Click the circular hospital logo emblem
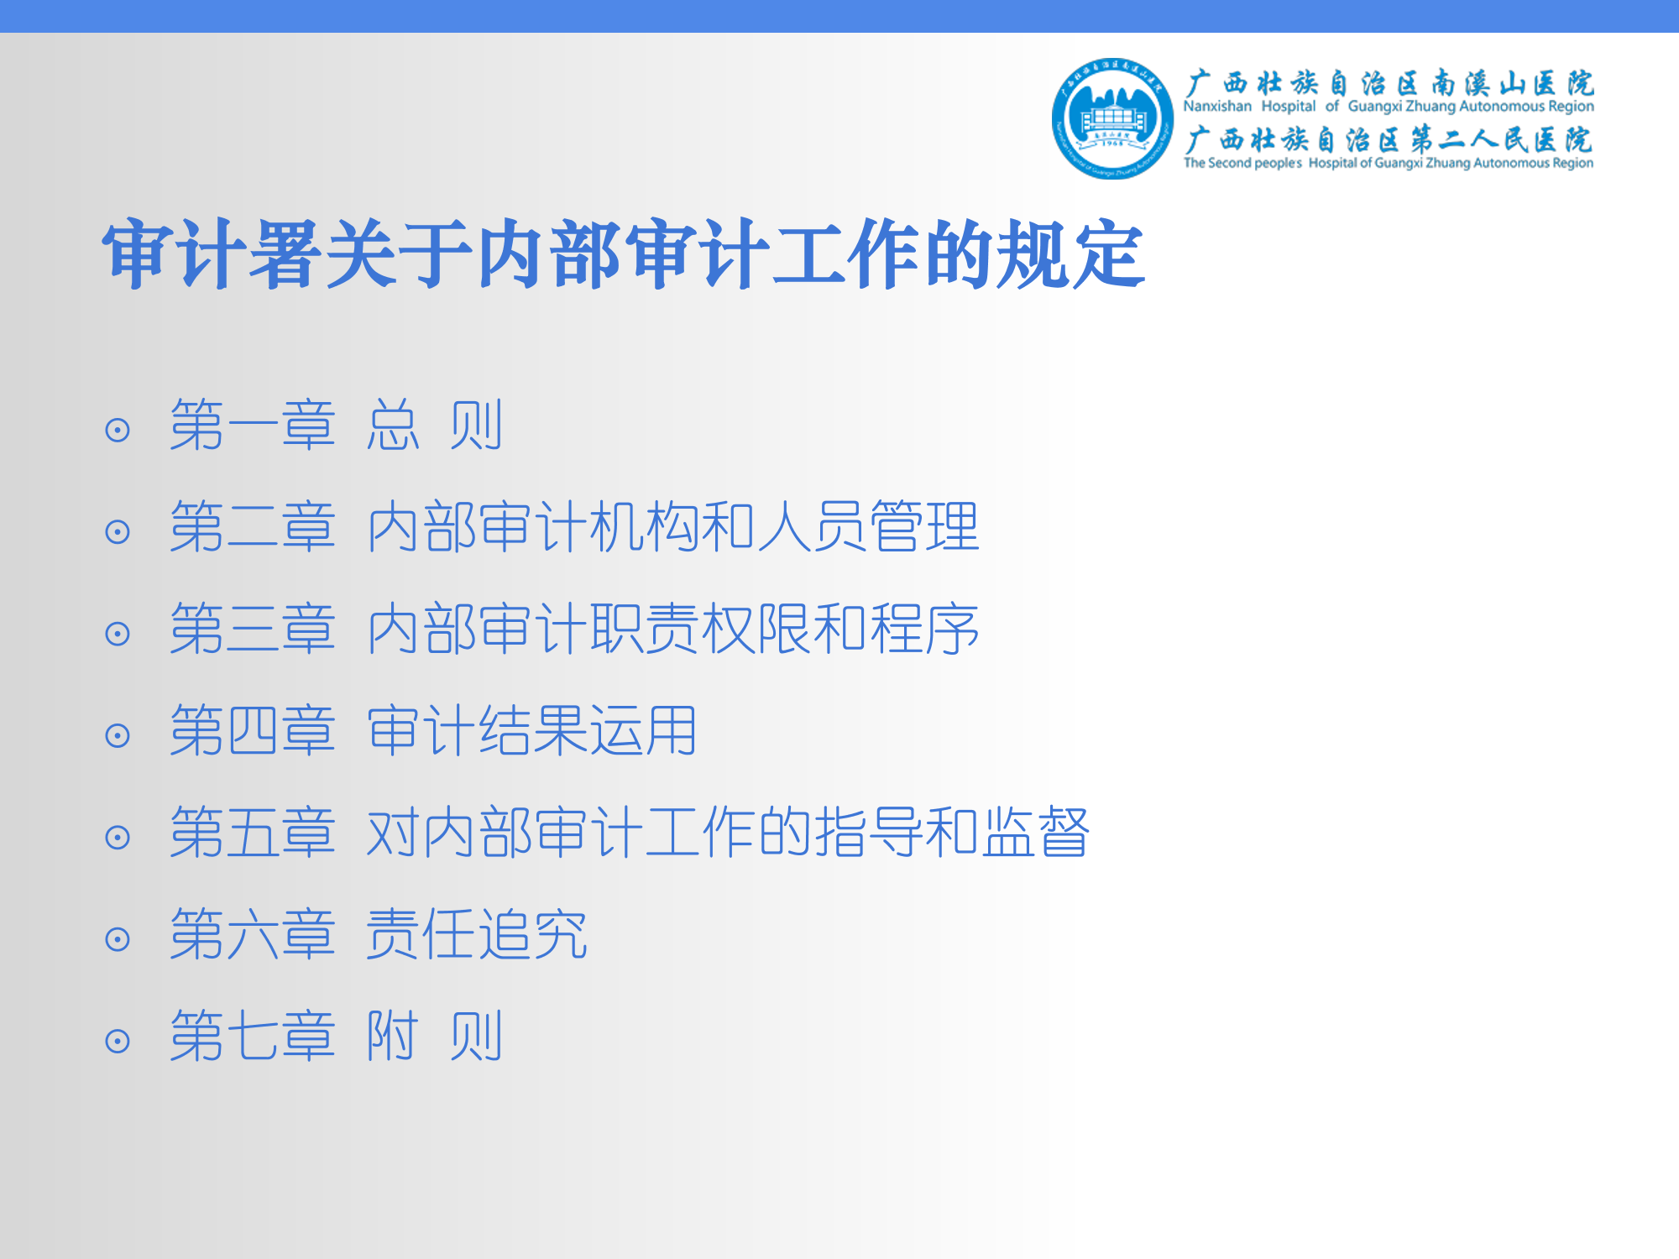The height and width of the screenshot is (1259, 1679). click(x=1112, y=118)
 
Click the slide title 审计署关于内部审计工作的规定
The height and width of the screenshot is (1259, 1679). click(x=624, y=254)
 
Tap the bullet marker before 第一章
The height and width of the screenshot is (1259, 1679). click(x=118, y=431)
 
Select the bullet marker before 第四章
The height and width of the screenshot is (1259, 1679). click(x=118, y=736)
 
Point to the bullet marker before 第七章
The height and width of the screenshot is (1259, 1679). click(x=118, y=1042)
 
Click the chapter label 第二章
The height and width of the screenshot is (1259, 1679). click(x=253, y=527)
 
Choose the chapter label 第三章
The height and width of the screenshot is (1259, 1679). click(x=253, y=629)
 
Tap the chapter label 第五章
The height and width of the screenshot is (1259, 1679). click(x=253, y=833)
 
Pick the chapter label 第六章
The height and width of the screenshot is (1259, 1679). click(x=253, y=934)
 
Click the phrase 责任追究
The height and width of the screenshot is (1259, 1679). click(x=477, y=934)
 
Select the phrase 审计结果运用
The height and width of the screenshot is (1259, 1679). click(x=532, y=730)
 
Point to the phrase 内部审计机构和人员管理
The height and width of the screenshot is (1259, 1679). click(x=673, y=527)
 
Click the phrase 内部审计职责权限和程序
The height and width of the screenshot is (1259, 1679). click(x=673, y=629)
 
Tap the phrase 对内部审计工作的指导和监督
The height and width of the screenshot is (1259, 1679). click(x=728, y=833)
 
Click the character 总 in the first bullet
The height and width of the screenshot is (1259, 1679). click(x=393, y=426)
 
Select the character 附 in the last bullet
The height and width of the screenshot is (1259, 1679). click(x=393, y=1036)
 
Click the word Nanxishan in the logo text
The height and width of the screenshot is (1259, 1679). click(x=1217, y=107)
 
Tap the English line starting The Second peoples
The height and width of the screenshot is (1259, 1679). click(x=1389, y=163)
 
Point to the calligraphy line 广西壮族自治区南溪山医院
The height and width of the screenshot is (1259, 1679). click(x=1389, y=83)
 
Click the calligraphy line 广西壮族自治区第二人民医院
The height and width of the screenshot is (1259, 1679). click(x=1389, y=140)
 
